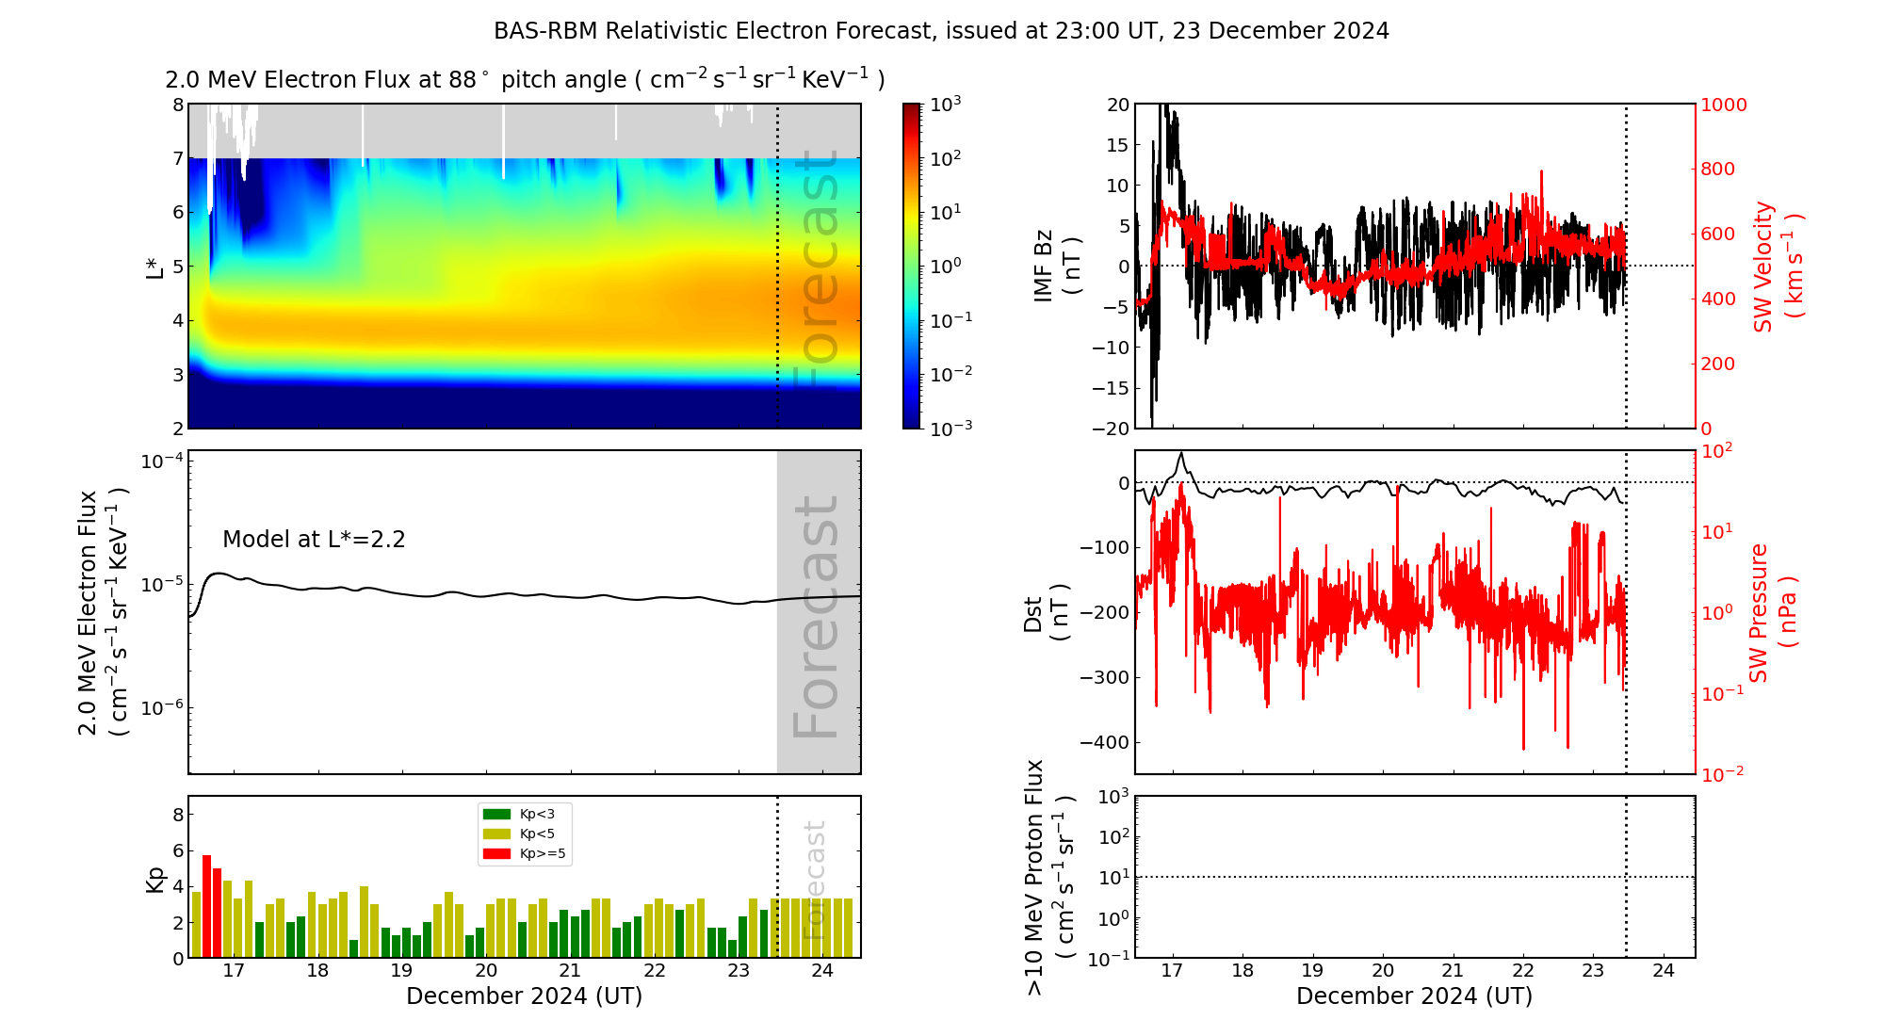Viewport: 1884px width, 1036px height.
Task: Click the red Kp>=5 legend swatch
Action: (496, 854)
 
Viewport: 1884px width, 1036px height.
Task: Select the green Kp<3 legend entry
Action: (496, 814)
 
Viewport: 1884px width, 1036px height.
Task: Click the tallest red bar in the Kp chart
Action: (206, 904)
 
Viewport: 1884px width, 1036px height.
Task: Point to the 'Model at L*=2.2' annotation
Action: (314, 540)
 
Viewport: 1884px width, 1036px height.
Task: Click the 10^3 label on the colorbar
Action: (945, 105)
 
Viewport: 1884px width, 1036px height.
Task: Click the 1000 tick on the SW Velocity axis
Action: (1723, 105)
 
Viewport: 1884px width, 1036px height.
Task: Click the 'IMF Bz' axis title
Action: (1043, 266)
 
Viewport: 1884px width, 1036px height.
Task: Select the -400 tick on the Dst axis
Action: (1103, 742)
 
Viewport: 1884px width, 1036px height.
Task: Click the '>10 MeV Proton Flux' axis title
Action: (1034, 877)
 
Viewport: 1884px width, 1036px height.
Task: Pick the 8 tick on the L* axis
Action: (178, 105)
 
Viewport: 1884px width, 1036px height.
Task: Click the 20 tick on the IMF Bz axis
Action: (1117, 105)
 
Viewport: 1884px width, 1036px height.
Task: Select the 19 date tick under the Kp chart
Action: (401, 971)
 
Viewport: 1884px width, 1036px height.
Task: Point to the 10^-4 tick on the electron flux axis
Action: (161, 461)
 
